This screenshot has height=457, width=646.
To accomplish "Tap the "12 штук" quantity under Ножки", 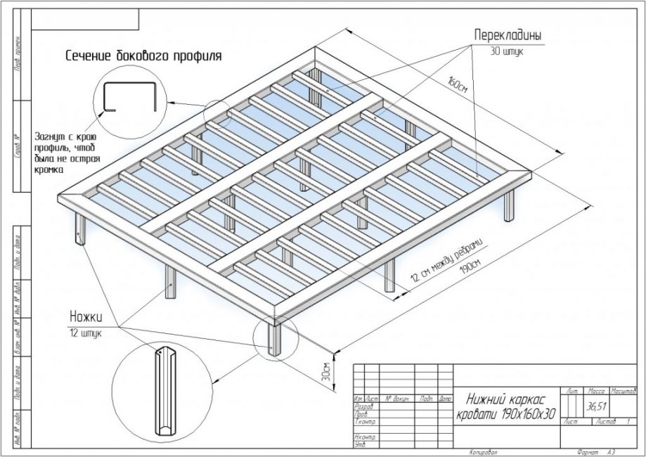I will (x=85, y=332).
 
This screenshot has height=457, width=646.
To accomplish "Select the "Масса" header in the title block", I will (x=595, y=389).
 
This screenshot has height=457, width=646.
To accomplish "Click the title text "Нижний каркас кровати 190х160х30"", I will (x=505, y=406).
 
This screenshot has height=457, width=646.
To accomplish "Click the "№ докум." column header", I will (x=397, y=399).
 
